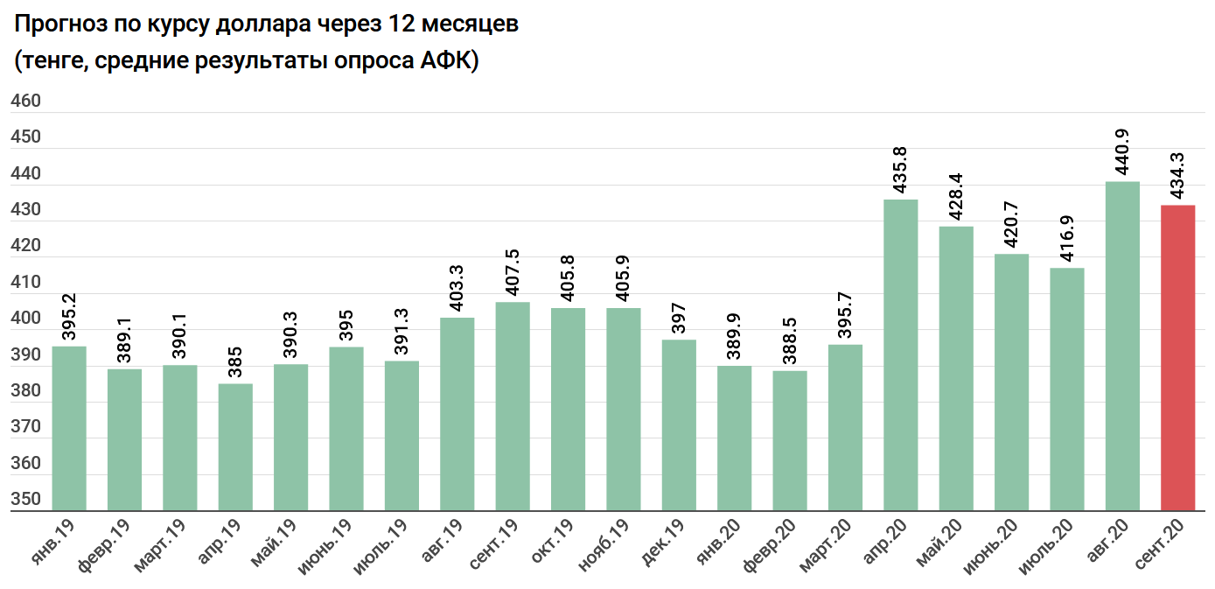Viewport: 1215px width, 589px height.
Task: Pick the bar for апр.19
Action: pyautogui.click(x=235, y=446)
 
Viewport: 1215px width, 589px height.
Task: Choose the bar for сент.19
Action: pyautogui.click(x=513, y=406)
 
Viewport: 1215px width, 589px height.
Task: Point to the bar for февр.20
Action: pyautogui.click(x=790, y=440)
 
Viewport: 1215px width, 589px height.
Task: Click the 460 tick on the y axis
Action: pyautogui.click(x=25, y=102)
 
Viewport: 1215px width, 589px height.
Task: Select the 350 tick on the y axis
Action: pyautogui.click(x=25, y=500)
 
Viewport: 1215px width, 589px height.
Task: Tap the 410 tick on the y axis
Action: pyautogui.click(x=25, y=283)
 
